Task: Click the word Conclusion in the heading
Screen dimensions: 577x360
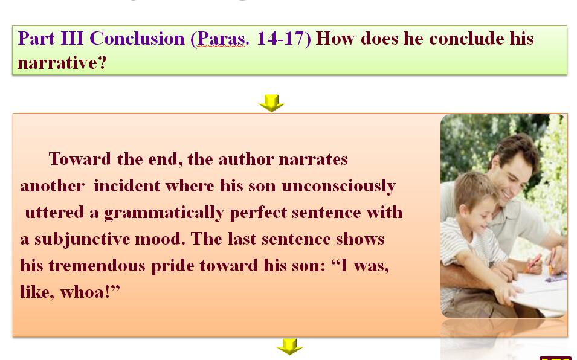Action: (137, 39)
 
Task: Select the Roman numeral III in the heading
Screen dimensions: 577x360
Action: (72, 39)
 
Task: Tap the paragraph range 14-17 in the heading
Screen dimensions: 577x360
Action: (281, 39)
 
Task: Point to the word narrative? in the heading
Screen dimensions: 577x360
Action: (62, 63)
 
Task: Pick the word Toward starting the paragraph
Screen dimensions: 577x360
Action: (80, 159)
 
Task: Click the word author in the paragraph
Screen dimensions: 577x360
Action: (246, 159)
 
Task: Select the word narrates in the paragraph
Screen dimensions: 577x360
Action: (313, 159)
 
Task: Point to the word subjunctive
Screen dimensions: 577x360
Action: (82, 240)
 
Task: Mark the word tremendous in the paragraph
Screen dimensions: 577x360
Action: (97, 266)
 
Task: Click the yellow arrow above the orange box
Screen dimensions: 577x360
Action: (271, 103)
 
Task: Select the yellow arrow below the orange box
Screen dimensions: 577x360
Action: (289, 346)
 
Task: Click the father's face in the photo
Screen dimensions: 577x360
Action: (514, 173)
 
